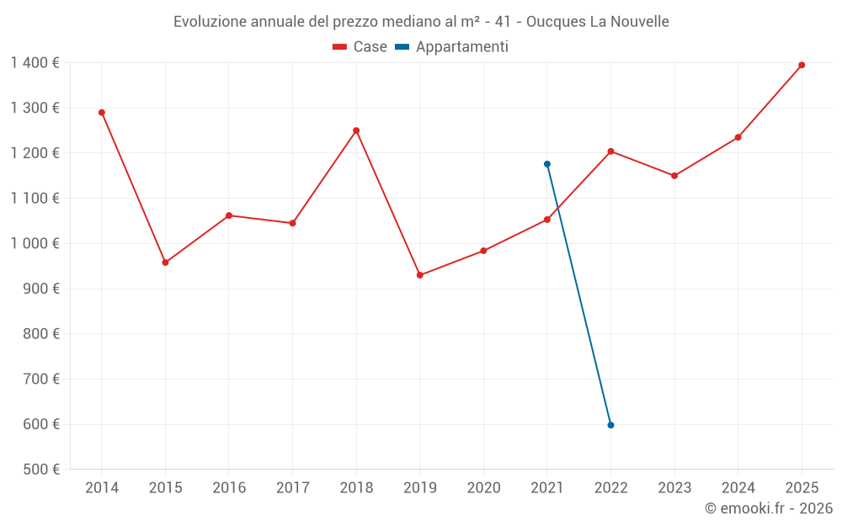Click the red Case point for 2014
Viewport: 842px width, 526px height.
(102, 112)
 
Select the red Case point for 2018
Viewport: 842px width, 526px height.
(356, 130)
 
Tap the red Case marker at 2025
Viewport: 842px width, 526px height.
(802, 65)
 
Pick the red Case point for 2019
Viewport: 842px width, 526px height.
(420, 275)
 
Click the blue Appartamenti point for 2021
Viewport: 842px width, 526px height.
(547, 164)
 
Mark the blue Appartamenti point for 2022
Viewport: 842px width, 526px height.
(610, 425)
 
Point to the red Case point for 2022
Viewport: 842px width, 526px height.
(610, 151)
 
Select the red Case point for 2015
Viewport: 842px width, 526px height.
(165, 263)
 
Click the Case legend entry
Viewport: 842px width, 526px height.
(360, 47)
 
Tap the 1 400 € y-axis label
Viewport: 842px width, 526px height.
(35, 62)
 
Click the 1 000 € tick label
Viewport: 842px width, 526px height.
(35, 243)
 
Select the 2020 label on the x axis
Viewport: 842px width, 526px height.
(483, 488)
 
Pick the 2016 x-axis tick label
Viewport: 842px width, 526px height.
(229, 488)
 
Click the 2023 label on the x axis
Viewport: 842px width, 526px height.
(674, 488)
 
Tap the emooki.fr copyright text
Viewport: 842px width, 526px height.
(768, 508)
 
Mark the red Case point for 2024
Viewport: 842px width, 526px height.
(738, 137)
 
